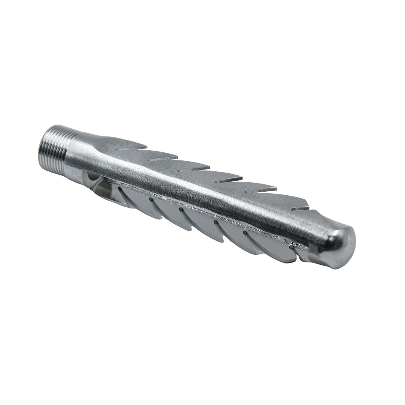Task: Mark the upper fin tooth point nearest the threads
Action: (146, 144)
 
